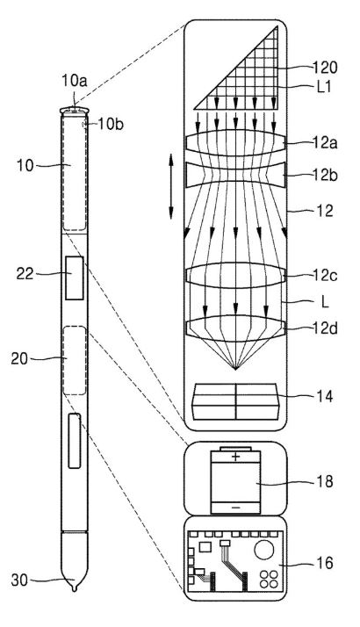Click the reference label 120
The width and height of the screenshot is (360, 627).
coord(325,68)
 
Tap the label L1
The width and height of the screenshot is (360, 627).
coord(324,87)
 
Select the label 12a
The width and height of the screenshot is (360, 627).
coord(324,143)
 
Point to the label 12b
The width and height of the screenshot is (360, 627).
coord(324,175)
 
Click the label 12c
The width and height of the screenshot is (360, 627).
coord(324,276)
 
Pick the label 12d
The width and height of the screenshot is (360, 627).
coord(324,328)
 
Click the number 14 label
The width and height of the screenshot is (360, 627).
coord(325,396)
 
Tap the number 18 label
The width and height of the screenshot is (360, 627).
coord(325,481)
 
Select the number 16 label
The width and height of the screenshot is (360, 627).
coord(325,563)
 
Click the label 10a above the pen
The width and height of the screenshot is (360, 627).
coord(75,81)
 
